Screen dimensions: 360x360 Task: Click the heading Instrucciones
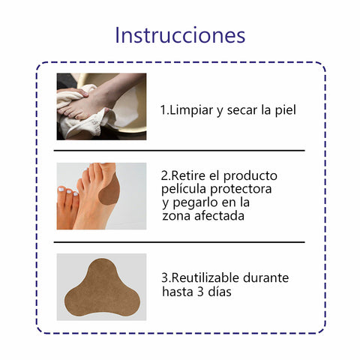[180, 35]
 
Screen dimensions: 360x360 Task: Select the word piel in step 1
[286, 110]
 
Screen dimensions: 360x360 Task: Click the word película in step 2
[184, 189]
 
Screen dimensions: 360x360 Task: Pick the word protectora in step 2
[241, 190]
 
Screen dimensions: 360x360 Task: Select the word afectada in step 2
[219, 216]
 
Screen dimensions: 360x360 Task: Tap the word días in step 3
[220, 291]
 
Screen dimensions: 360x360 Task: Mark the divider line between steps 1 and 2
[179, 151]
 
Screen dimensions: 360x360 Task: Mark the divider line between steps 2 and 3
[179, 242]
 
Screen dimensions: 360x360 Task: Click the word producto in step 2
[250, 176]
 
